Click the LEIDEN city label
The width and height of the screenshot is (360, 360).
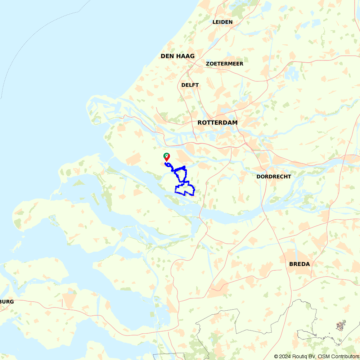click(x=222, y=22)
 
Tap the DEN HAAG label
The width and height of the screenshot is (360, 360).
click(x=177, y=56)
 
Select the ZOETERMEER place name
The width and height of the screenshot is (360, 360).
click(x=225, y=64)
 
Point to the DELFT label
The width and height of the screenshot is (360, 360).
click(x=190, y=85)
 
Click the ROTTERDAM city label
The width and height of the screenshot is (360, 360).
click(x=217, y=123)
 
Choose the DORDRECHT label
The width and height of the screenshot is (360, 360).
click(x=274, y=177)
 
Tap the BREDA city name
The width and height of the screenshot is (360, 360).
click(x=300, y=264)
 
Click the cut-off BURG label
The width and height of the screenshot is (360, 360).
click(x=7, y=302)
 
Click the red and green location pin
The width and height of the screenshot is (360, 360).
click(x=167, y=157)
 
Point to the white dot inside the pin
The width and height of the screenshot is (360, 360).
click(x=167, y=156)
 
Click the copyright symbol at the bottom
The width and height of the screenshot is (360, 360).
click(x=276, y=356)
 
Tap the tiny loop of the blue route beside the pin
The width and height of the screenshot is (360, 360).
click(x=168, y=164)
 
